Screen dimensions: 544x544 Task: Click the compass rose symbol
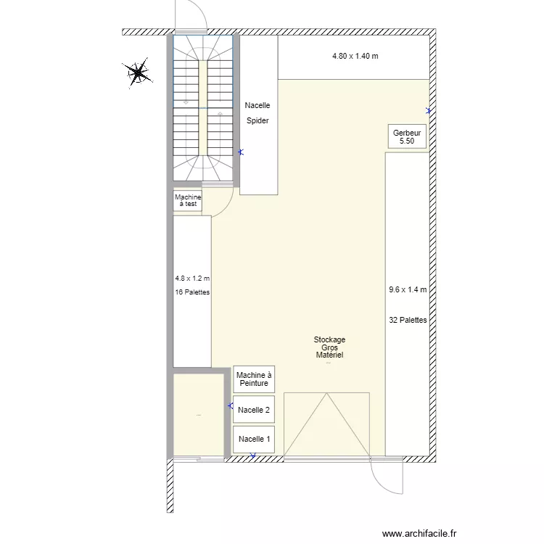[138, 73]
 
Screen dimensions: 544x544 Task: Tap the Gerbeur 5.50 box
[407, 136]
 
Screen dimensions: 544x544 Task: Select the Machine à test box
[188, 200]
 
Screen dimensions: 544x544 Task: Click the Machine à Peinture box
[254, 379]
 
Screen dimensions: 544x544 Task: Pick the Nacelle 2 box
[254, 409]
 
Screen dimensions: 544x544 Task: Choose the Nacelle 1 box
[254, 440]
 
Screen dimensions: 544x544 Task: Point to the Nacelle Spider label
[257, 112]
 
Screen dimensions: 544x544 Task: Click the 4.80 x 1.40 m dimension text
[355, 56]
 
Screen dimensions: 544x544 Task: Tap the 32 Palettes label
[408, 320]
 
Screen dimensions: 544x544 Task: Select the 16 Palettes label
[192, 292]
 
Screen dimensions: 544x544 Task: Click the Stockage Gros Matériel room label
[329, 347]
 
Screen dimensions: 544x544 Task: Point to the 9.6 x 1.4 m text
[408, 289]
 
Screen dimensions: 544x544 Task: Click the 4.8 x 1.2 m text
[192, 279]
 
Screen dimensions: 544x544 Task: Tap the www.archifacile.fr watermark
[419, 533]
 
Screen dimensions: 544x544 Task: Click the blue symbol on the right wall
[429, 111]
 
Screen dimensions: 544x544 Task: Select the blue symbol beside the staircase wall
[241, 152]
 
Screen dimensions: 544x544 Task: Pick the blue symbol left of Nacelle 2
[231, 405]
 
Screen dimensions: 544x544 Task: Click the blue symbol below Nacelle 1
[253, 456]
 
